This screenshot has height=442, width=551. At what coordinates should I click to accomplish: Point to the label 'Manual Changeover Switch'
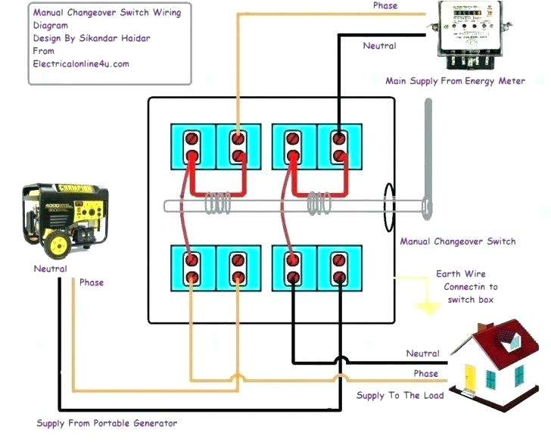point(458,241)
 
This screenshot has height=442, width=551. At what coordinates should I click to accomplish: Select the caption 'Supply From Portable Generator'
point(107,423)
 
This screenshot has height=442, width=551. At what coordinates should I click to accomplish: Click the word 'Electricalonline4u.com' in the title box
point(81,64)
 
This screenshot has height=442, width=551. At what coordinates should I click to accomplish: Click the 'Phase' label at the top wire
point(385,6)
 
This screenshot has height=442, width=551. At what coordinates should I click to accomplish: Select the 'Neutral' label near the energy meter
point(379,45)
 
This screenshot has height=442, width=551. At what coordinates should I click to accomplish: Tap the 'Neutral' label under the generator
point(50,269)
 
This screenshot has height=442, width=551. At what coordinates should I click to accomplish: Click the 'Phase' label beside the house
point(425,374)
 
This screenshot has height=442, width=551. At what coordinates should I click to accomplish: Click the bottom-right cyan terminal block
point(340,267)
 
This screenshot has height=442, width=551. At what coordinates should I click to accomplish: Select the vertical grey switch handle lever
point(428,159)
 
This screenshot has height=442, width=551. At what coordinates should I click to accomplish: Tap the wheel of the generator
point(58,244)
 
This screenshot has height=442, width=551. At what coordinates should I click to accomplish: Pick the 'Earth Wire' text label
point(461,274)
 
